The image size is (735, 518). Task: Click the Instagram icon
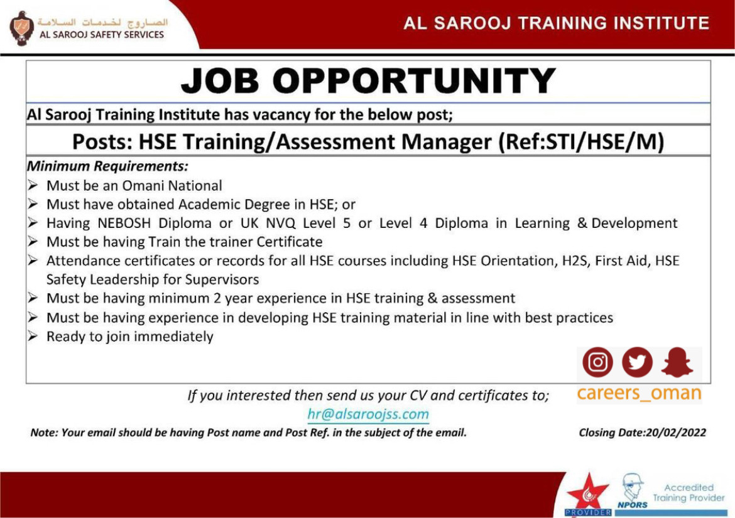click(x=597, y=362)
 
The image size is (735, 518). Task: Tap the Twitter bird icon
click(x=637, y=362)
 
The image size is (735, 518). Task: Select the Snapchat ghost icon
click(x=677, y=362)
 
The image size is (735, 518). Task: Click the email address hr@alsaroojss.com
click(x=368, y=414)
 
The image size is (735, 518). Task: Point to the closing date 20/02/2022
click(x=676, y=432)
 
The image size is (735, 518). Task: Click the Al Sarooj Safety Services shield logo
click(x=21, y=29)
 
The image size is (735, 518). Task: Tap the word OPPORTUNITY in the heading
click(x=414, y=80)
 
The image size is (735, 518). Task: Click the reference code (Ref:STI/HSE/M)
click(x=581, y=141)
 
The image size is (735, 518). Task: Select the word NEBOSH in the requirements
click(x=124, y=223)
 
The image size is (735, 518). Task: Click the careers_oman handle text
click(x=639, y=393)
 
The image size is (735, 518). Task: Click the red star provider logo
click(x=588, y=495)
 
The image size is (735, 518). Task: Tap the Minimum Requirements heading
click(x=108, y=166)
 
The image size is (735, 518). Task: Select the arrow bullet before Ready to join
click(x=32, y=337)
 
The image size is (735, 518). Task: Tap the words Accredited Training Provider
click(x=689, y=493)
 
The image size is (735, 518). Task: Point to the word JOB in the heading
click(x=220, y=80)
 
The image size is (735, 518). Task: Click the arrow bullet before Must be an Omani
click(x=32, y=185)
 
